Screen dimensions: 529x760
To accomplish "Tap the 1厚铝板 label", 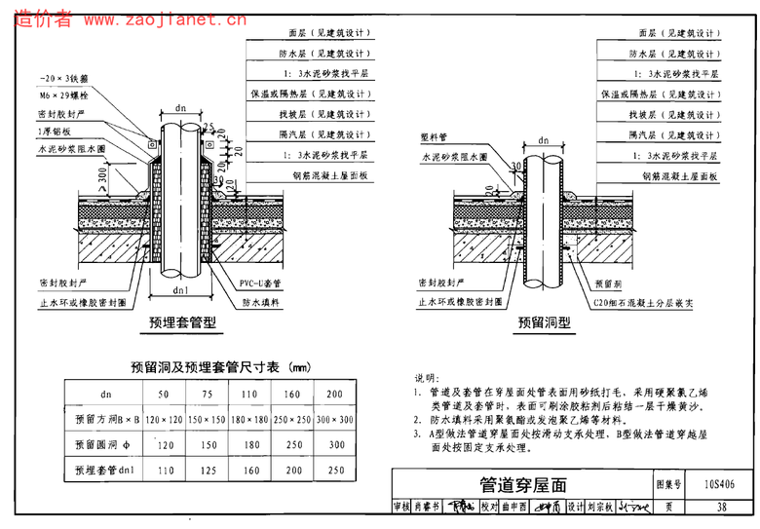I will click(56, 131).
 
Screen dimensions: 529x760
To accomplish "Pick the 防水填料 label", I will click(260, 303).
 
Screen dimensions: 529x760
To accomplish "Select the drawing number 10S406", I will click(717, 483).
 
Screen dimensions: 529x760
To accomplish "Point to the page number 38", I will click(721, 507).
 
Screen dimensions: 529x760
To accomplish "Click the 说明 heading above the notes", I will click(427, 377).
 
